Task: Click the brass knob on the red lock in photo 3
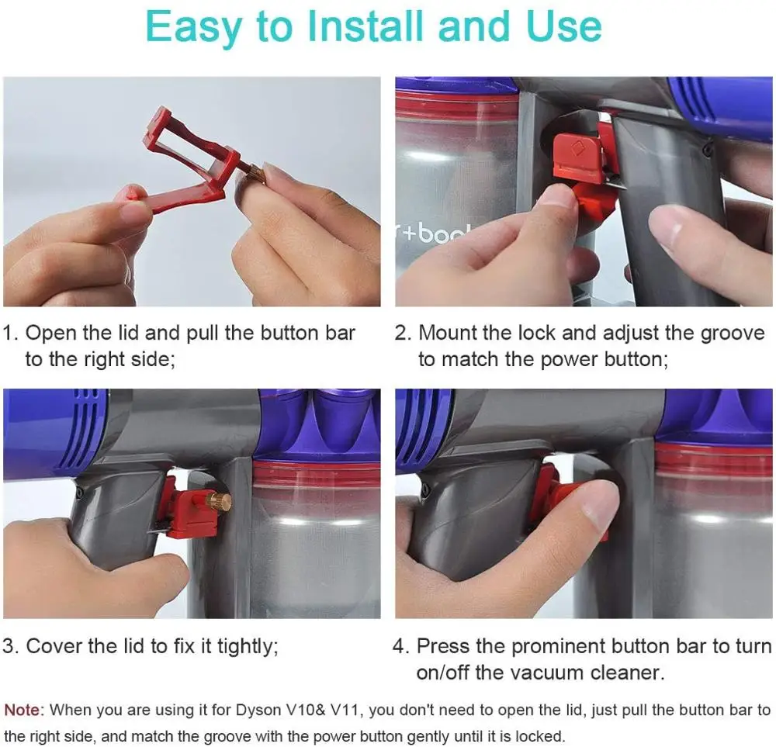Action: click(x=221, y=500)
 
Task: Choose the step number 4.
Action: click(x=401, y=646)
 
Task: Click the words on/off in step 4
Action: click(x=442, y=673)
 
